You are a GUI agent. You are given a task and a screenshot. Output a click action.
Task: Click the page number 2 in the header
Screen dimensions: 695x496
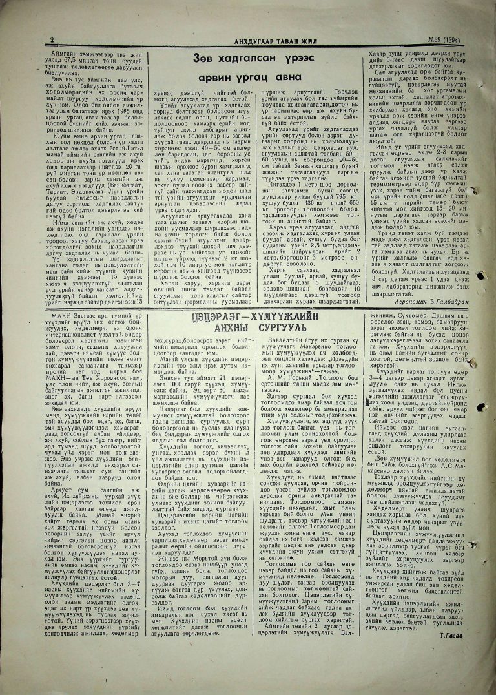coord(52,39)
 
